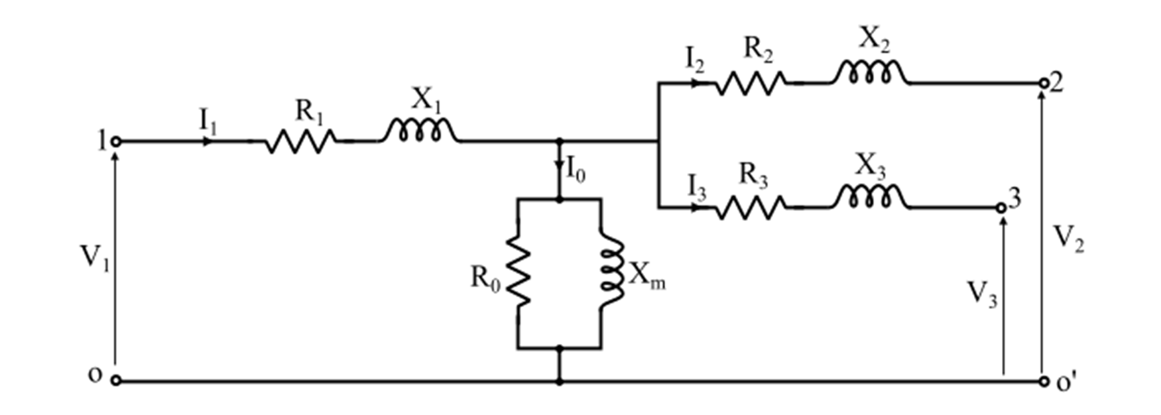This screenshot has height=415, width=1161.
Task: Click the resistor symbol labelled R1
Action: (x=300, y=141)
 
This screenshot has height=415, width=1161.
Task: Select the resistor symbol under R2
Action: (x=750, y=84)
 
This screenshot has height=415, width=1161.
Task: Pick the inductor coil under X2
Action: (x=869, y=72)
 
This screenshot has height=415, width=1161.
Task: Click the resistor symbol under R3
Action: (x=750, y=207)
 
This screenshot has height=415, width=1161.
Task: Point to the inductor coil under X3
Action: (x=869, y=197)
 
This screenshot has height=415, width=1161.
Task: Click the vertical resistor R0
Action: (x=519, y=272)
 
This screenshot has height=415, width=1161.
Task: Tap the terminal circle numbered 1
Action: (x=116, y=141)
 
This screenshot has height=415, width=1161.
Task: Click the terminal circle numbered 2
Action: (x=1043, y=84)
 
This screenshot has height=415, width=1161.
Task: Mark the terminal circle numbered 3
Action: (x=1002, y=207)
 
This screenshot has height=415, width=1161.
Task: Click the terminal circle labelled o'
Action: (x=1043, y=382)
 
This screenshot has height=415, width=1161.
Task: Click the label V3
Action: (x=982, y=294)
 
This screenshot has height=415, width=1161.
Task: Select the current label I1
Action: (x=208, y=121)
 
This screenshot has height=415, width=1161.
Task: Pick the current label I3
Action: (x=696, y=188)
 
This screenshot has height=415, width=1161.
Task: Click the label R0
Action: (x=485, y=279)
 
